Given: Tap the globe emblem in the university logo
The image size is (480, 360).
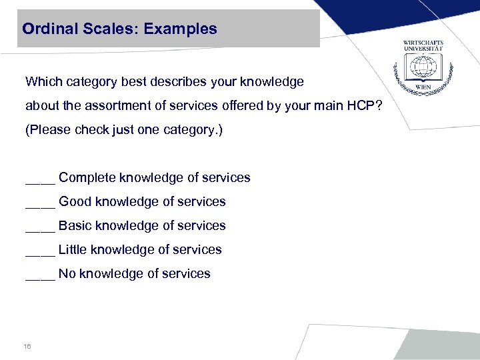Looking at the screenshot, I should click(423, 67).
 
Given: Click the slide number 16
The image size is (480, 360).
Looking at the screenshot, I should click(27, 347).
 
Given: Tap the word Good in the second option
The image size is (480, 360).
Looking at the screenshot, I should click(75, 202).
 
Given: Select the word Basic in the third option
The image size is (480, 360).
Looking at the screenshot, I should click(75, 226).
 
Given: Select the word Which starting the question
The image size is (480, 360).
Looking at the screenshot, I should click(43, 82).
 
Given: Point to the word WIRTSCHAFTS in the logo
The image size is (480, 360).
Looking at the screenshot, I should click(423, 43).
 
